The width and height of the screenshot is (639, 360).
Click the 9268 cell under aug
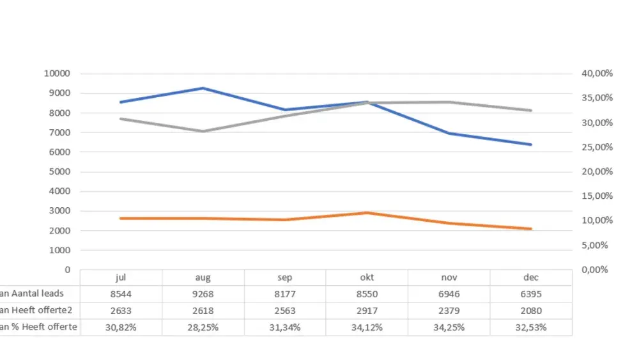point(203,294)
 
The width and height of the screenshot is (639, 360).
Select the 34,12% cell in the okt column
point(367,327)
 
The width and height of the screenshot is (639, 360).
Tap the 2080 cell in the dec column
point(530,311)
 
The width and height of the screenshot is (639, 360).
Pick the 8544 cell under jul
point(121,294)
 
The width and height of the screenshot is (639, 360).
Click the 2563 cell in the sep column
point(285,311)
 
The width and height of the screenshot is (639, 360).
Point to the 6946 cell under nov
point(449,294)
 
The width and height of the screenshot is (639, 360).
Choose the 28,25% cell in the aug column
point(203,327)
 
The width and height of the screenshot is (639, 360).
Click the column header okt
point(367,278)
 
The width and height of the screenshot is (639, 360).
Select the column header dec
point(530,278)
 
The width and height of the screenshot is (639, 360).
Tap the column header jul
point(121,278)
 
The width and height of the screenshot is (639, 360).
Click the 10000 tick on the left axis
point(57,74)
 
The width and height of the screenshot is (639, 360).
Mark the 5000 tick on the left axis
point(59,171)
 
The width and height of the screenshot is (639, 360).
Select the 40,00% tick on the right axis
point(597,74)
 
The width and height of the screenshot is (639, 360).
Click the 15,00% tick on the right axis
point(597,196)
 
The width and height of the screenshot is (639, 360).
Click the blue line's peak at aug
point(203,88)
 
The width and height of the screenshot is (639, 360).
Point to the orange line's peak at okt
point(367,213)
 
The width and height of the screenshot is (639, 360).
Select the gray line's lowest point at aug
point(203,131)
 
